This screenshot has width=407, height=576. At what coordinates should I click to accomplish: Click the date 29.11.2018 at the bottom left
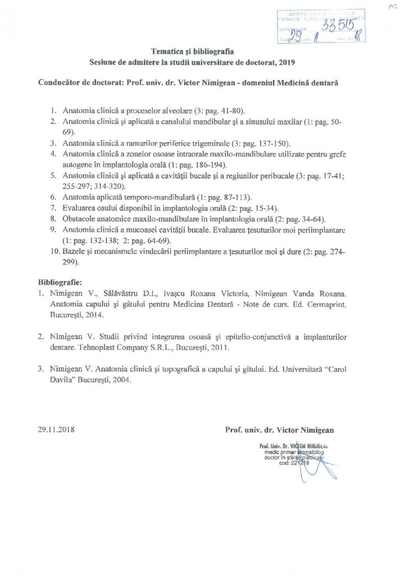(x=57, y=430)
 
